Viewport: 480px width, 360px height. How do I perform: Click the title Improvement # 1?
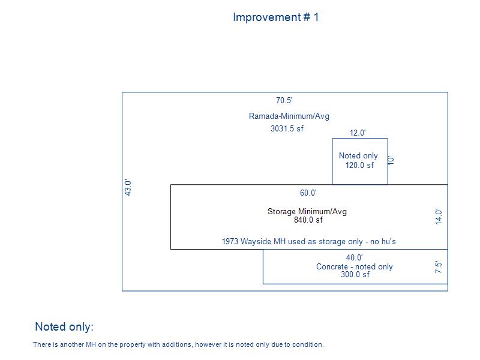click(x=276, y=17)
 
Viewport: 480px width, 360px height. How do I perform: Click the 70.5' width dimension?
click(x=284, y=100)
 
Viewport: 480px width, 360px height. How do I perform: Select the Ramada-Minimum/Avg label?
click(x=289, y=116)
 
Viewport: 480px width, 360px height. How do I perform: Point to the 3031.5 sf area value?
click(x=287, y=128)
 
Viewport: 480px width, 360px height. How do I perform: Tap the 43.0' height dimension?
click(x=128, y=188)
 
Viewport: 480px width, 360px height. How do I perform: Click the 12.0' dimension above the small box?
click(x=358, y=133)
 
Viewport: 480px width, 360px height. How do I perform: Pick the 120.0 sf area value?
click(x=359, y=166)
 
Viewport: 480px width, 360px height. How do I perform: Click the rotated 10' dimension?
click(x=391, y=160)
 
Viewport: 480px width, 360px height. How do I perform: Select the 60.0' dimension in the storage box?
click(x=308, y=193)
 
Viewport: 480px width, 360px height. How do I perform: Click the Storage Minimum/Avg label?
click(x=307, y=212)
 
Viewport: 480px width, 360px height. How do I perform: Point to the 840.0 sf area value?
click(x=308, y=220)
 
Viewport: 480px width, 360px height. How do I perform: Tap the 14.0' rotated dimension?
click(x=439, y=217)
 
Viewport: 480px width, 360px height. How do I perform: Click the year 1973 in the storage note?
click(x=230, y=242)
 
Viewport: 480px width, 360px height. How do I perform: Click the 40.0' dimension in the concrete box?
click(x=355, y=258)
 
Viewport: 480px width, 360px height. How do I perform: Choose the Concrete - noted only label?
click(x=355, y=267)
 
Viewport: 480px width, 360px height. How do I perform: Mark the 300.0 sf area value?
click(x=355, y=274)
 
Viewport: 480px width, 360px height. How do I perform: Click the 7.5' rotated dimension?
click(x=439, y=267)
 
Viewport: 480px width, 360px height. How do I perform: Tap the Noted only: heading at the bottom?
click(x=64, y=326)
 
